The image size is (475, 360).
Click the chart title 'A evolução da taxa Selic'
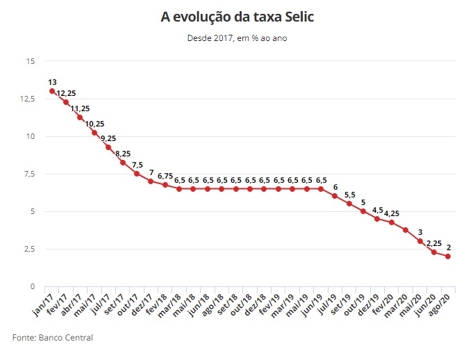tap(237, 16)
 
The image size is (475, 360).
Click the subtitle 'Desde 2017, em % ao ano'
tap(237, 38)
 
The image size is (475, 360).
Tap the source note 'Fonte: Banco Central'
tap(53, 338)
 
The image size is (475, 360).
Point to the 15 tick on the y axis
tap(31, 61)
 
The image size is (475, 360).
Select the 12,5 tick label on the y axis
tap(26, 99)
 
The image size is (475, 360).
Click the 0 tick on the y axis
tap(32, 286)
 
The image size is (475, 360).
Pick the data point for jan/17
tap(52, 91)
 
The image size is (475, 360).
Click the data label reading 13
tap(52, 81)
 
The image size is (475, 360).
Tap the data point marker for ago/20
tap(448, 256)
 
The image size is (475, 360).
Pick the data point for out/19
tap(363, 211)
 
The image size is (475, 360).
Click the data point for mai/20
tap(420, 241)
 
